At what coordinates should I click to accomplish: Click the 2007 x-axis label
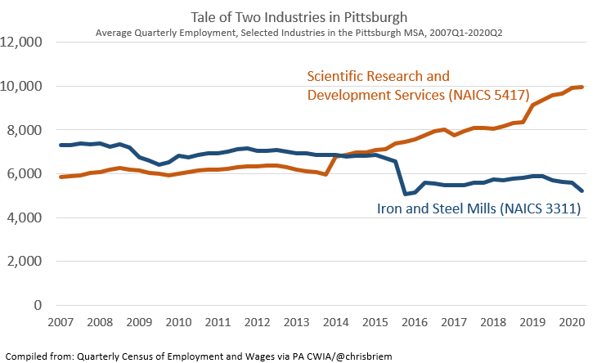(x=62, y=323)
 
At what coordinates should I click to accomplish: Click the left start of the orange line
(x=61, y=177)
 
